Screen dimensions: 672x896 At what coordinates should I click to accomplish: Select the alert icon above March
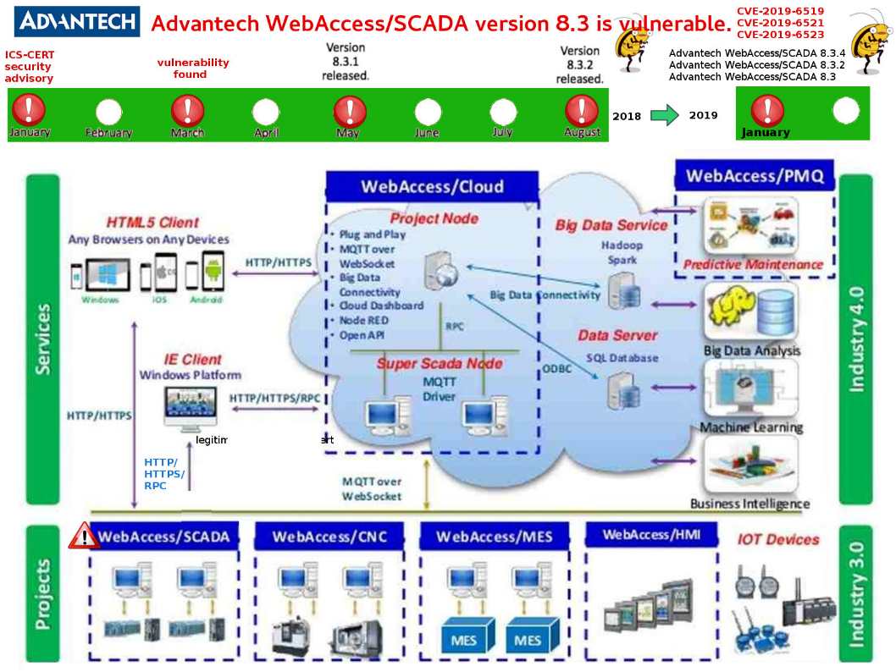pyautogui.click(x=187, y=111)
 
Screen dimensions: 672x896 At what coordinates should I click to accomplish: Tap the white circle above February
pyautogui.click(x=108, y=112)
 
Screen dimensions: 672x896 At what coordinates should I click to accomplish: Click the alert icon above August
pyautogui.click(x=582, y=111)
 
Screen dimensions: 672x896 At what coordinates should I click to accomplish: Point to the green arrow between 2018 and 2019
pyautogui.click(x=665, y=115)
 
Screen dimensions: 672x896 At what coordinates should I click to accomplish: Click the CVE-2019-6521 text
pyautogui.click(x=780, y=23)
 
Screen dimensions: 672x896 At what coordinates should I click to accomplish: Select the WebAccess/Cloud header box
pyautogui.click(x=432, y=187)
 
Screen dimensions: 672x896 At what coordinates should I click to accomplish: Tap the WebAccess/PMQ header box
pyautogui.click(x=755, y=176)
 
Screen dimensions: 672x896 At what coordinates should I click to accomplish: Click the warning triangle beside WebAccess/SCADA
pyautogui.click(x=84, y=535)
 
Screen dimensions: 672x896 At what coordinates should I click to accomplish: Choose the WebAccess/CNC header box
pyautogui.click(x=329, y=537)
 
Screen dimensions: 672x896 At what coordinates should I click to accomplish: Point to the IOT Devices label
pyautogui.click(x=777, y=539)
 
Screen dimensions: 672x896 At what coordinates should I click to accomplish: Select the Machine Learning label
pyautogui.click(x=750, y=427)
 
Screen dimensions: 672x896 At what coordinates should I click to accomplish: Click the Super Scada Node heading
pyautogui.click(x=439, y=364)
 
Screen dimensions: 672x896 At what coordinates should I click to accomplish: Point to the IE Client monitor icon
pyautogui.click(x=190, y=407)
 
